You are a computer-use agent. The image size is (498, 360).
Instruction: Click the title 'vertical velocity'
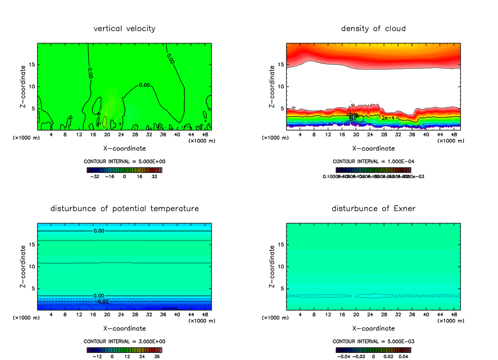coord(124,29)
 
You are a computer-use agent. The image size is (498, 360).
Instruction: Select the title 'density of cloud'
coord(373,29)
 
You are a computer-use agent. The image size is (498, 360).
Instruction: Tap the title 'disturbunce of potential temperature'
coord(124,208)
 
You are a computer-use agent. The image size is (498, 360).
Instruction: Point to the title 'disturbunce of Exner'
coord(373,208)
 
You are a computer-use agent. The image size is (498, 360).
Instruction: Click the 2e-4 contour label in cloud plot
coord(388,118)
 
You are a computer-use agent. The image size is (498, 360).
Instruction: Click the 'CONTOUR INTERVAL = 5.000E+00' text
coord(124,161)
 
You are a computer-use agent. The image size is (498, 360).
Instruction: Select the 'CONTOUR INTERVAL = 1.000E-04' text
coord(373,161)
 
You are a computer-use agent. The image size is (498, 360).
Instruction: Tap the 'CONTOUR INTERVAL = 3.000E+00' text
coord(124,341)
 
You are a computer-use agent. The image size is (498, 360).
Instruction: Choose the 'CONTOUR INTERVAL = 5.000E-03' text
coord(373,341)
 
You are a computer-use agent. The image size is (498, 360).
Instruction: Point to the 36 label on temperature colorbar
coord(157,356)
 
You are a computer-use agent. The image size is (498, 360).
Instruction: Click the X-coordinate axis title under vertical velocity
coord(124,148)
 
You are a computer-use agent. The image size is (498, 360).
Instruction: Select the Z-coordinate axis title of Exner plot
coord(272,266)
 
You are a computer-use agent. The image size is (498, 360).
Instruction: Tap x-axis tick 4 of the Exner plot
coord(300,315)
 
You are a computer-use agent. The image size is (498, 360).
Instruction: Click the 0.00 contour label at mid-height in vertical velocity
coord(144,85)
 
